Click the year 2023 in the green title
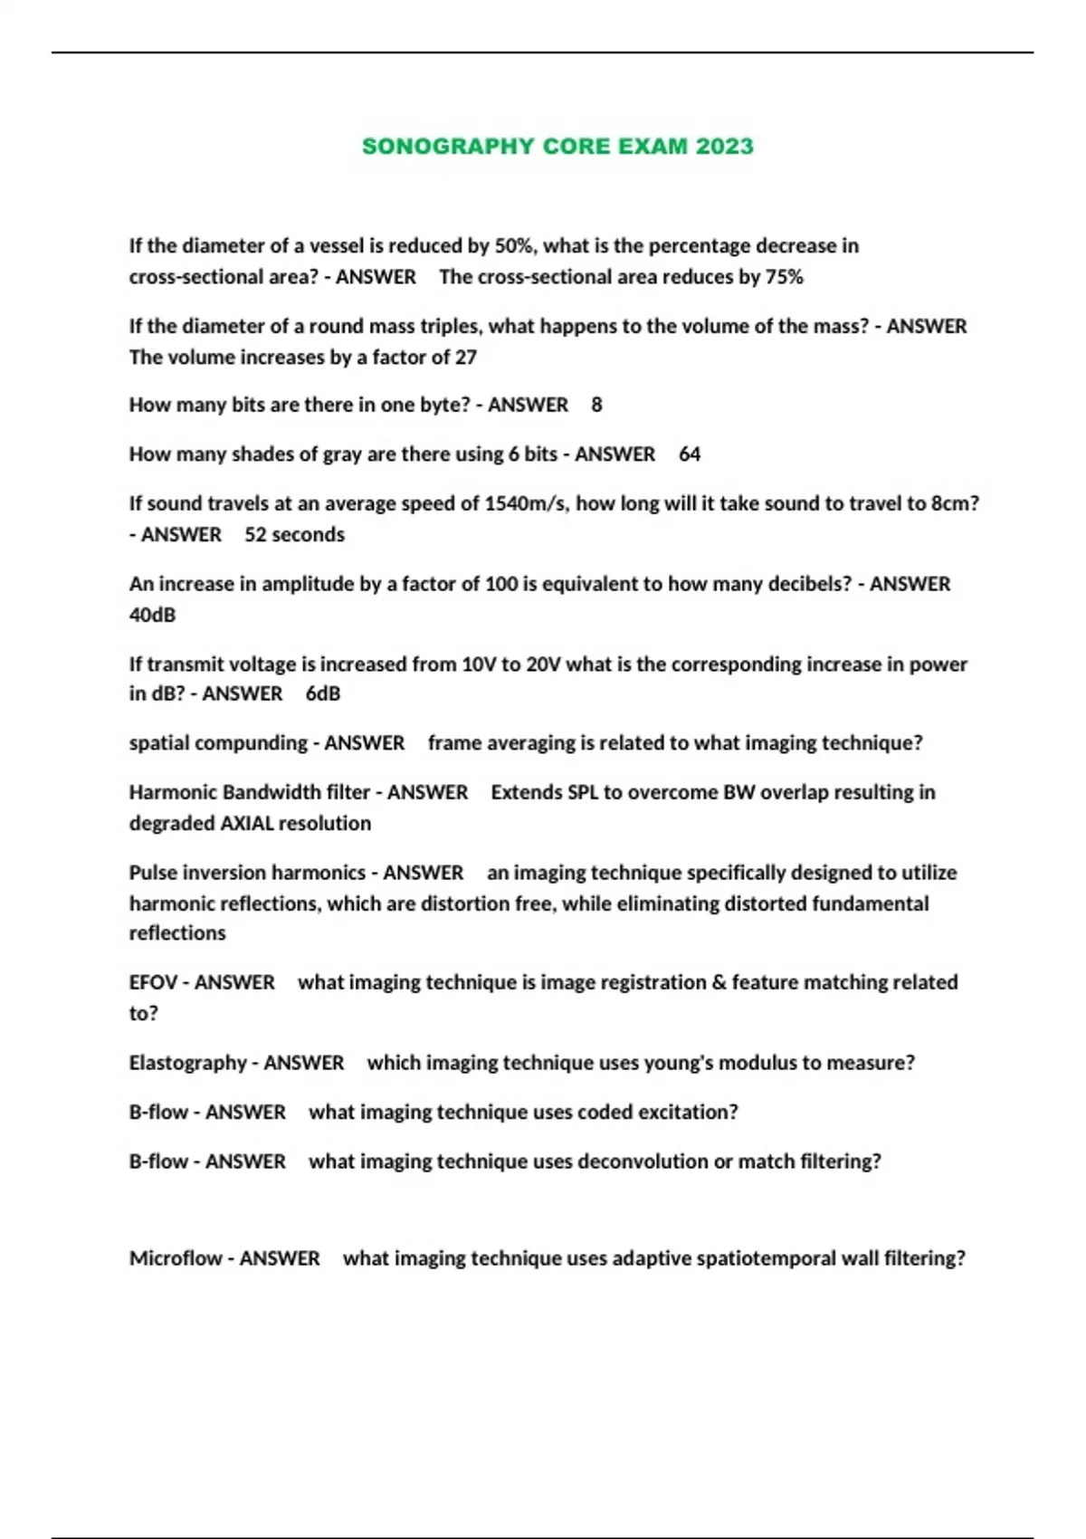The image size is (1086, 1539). pos(724,147)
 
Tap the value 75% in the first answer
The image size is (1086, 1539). pos(784,277)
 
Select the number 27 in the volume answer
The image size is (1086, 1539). pos(465,358)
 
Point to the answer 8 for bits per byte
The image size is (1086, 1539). pos(596,405)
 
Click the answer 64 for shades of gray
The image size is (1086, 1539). pos(690,454)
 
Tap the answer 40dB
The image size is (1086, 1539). pos(152,616)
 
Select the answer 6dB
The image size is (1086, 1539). pos(323,694)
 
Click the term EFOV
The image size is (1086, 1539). pos(153,983)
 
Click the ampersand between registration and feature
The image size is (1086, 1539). pos(719,983)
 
